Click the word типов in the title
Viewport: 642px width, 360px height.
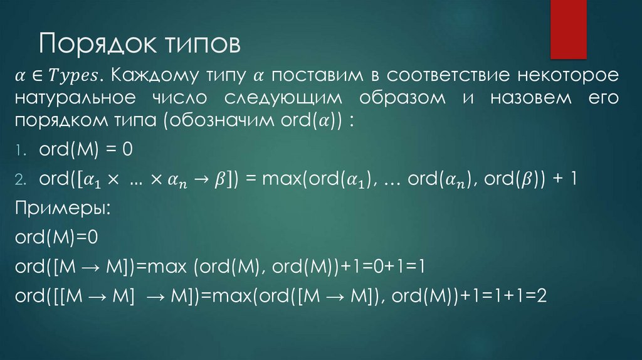pos(203,45)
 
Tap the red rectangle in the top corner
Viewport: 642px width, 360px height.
pos(568,29)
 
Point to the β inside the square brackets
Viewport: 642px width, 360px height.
pos(219,179)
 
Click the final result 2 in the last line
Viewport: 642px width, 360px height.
pos(542,295)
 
